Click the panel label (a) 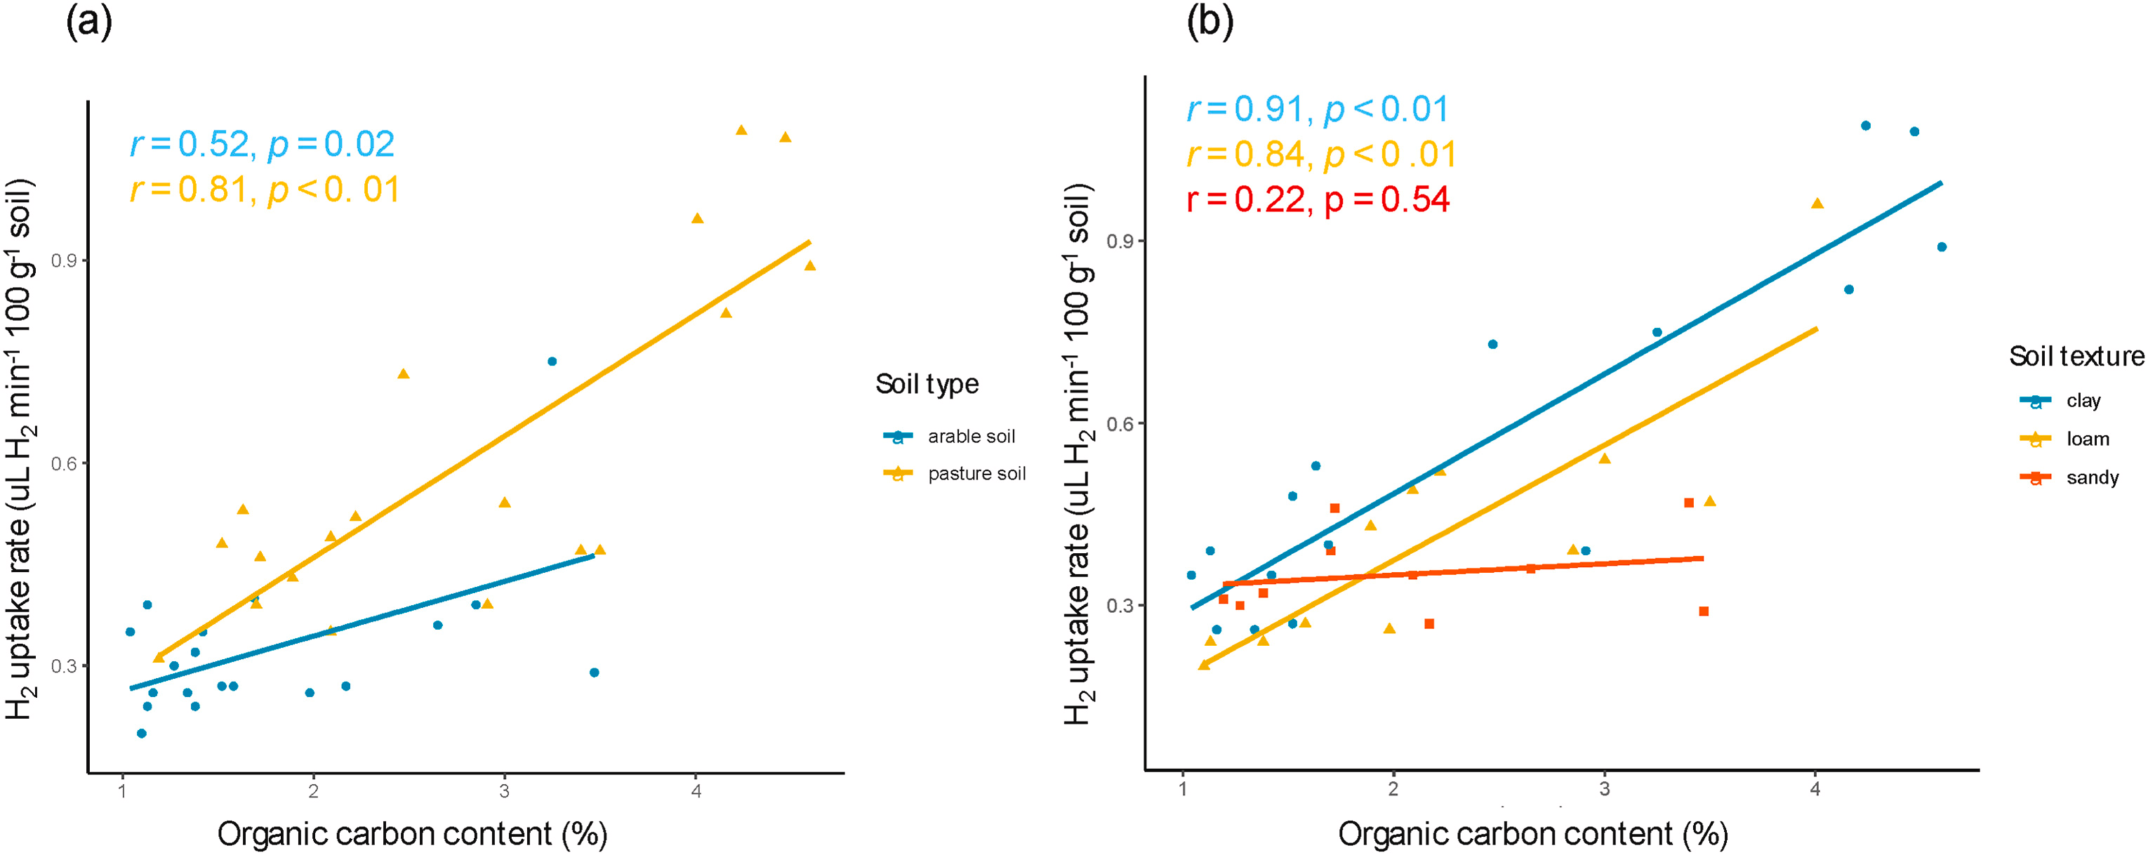click(x=88, y=23)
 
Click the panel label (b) click(x=1209, y=23)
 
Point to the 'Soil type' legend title click(x=927, y=384)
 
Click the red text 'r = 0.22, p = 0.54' click(x=1318, y=200)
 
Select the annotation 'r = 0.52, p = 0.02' click(x=262, y=145)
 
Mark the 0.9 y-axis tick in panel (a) click(x=64, y=261)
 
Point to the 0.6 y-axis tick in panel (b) click(x=1120, y=424)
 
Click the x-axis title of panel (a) click(x=412, y=833)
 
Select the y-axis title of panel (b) click(x=1078, y=455)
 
